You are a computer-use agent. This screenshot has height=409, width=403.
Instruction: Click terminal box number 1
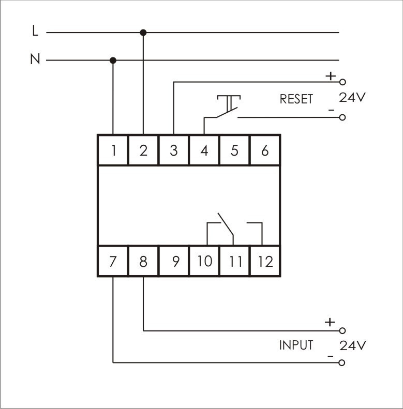pyautogui.click(x=113, y=150)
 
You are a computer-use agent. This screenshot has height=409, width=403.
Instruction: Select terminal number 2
pyautogui.click(x=143, y=150)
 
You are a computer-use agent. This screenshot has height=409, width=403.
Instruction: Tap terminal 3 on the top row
pyautogui.click(x=174, y=150)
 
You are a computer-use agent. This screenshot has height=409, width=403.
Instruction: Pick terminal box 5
pyautogui.click(x=235, y=150)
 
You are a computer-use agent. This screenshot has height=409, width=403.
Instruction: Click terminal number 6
pyautogui.click(x=265, y=150)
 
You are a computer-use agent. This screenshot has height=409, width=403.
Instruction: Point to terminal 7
pyautogui.click(x=113, y=261)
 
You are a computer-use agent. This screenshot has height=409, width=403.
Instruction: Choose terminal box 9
pyautogui.click(x=175, y=261)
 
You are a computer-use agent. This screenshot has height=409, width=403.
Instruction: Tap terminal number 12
pyautogui.click(x=265, y=261)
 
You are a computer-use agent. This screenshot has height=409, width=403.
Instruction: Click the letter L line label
pyautogui.click(x=35, y=32)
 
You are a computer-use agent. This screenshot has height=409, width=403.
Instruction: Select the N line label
pyautogui.click(x=35, y=59)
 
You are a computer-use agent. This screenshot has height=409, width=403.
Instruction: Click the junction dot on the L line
pyautogui.click(x=143, y=33)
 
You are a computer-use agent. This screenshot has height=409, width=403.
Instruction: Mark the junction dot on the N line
pyautogui.click(x=113, y=60)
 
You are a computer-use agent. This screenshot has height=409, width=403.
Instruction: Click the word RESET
pyautogui.click(x=296, y=99)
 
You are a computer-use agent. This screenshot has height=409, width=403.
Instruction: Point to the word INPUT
pyautogui.click(x=296, y=345)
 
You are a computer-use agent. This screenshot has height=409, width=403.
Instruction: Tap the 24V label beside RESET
pyautogui.click(x=352, y=97)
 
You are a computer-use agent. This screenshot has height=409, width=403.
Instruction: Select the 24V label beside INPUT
pyautogui.click(x=352, y=345)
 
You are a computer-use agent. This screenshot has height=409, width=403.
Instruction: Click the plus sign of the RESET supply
pyautogui.click(x=330, y=76)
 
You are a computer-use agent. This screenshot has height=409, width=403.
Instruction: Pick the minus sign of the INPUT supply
pyautogui.click(x=330, y=356)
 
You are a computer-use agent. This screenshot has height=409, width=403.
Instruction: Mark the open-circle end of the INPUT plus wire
pyautogui.click(x=341, y=330)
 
